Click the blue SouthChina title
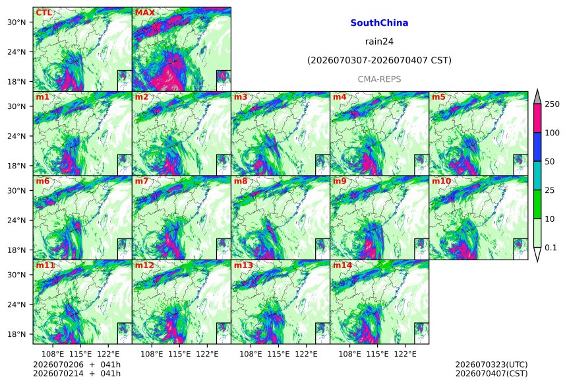(x=379, y=23)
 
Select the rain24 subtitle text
(x=379, y=42)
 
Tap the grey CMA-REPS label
(x=379, y=79)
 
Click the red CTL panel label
(x=44, y=13)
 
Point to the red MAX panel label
(x=144, y=13)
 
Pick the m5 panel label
(x=438, y=97)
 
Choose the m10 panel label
(x=441, y=181)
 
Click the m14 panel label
(x=342, y=265)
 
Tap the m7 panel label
(x=141, y=181)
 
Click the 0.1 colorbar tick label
(x=551, y=248)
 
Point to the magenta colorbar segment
(x=538, y=118)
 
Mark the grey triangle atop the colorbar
(x=538, y=96)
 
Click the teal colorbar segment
(x=538, y=176)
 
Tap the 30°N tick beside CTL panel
(x=16, y=22)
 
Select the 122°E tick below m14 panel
(x=405, y=354)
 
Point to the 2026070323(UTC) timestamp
(x=491, y=365)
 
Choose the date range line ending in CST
(x=379, y=60)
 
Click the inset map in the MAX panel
(x=224, y=81)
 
